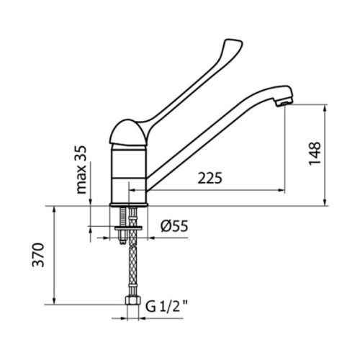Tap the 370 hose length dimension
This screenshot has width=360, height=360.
point(40,255)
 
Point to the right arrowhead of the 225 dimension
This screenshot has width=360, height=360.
point(279,190)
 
